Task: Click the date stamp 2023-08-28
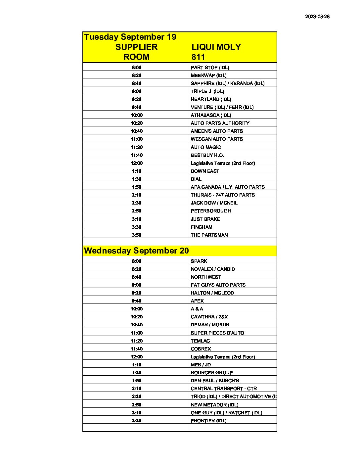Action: pyautogui.click(x=317, y=17)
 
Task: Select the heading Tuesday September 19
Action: pyautogui.click(x=130, y=37)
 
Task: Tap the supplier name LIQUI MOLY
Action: pyautogui.click(x=216, y=47)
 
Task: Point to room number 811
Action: pyautogui.click(x=198, y=57)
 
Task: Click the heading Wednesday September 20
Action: pyautogui.click(x=136, y=251)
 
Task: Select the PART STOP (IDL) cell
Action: pyautogui.click(x=210, y=68)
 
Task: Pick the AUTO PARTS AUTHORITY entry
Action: pyautogui.click(x=220, y=123)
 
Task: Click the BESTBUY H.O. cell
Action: pyautogui.click(x=207, y=155)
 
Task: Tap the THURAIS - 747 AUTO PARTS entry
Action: pyautogui.click(x=223, y=195)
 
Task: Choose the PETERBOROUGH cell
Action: pyautogui.click(x=211, y=211)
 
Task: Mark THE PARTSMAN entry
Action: pyautogui.click(x=209, y=235)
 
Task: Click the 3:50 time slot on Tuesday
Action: pyautogui.click(x=136, y=235)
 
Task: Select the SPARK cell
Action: pyautogui.click(x=199, y=261)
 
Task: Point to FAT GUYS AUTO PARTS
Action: pyautogui.click(x=218, y=285)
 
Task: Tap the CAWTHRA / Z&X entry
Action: pyautogui.click(x=209, y=317)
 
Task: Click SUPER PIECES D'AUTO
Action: pyautogui.click(x=217, y=333)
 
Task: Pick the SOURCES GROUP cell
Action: pyautogui.click(x=212, y=373)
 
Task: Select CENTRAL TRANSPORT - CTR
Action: pyautogui.click(x=224, y=389)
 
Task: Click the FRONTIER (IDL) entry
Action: pyautogui.click(x=208, y=421)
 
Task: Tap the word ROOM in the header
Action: pyautogui.click(x=136, y=57)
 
